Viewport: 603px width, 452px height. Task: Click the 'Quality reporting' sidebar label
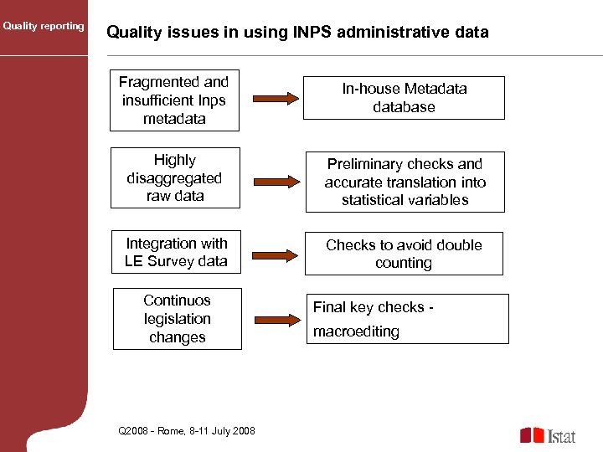pos(44,26)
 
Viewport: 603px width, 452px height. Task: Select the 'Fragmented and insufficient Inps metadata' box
pos(174,100)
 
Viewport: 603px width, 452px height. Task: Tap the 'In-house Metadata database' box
pos(405,98)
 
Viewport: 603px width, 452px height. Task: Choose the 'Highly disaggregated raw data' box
pos(175,177)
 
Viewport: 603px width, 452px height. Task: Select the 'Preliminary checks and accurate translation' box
pos(405,182)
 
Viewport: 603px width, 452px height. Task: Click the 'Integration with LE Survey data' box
pos(176,252)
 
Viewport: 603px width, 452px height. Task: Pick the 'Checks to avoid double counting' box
pos(404,254)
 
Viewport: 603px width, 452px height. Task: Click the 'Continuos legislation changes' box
pos(177,319)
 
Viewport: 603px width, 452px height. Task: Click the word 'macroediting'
pos(356,331)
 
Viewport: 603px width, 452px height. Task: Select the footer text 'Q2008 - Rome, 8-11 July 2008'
pos(187,430)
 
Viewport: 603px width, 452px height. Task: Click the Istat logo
pos(548,435)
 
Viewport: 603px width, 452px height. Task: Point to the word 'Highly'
pos(175,160)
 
